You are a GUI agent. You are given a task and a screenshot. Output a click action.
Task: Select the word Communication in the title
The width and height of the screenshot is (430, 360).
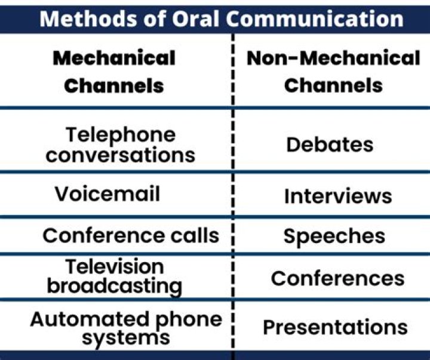315,19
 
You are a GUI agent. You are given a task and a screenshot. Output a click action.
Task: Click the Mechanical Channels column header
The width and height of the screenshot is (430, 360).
113,71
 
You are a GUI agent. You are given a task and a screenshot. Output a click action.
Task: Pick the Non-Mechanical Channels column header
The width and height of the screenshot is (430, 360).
333,71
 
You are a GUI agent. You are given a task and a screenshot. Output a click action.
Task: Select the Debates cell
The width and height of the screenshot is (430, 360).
330,144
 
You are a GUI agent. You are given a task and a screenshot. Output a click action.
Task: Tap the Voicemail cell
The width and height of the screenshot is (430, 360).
107,195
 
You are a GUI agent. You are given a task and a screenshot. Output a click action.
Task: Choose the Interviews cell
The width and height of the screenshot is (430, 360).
337,196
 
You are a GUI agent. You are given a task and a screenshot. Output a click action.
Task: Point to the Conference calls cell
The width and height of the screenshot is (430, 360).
131,235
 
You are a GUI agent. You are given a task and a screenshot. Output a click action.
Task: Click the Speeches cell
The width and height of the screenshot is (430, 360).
334,236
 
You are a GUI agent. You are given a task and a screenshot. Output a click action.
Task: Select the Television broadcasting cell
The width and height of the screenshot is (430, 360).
114,276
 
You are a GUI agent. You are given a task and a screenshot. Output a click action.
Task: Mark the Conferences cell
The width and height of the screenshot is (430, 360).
337,278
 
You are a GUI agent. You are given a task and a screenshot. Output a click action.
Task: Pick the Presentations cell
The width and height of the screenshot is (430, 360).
335,328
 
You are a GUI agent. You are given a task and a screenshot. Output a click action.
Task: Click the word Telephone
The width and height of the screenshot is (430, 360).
121,134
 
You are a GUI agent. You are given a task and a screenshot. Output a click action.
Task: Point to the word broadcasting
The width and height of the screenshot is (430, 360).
114,285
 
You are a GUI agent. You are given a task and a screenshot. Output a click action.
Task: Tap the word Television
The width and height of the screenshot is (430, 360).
114,266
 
